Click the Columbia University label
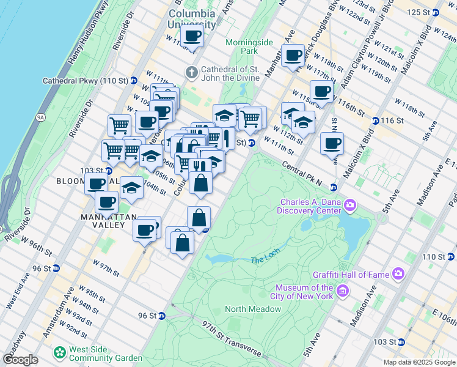192,19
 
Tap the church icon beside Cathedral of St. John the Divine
192,72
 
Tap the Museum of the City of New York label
304,292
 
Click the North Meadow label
253,309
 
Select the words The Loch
264,261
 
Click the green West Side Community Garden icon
60,353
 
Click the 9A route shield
41,116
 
